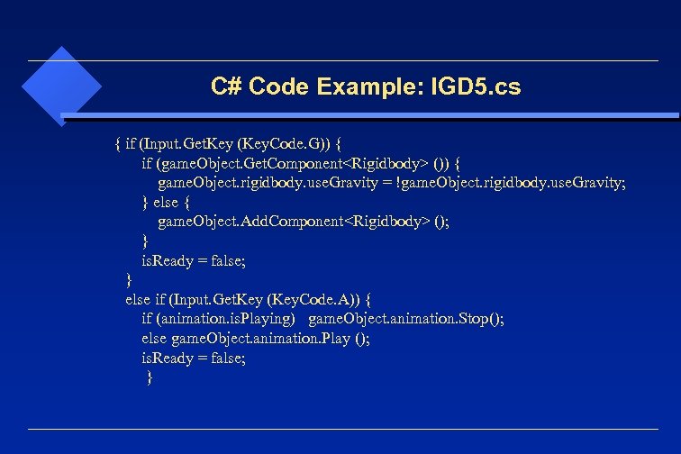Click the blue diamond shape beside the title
[x=60, y=86]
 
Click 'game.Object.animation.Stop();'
[x=406, y=319]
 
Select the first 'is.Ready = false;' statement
[x=193, y=260]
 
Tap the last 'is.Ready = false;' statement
[x=193, y=358]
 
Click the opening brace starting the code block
[x=118, y=143]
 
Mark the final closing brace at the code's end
[x=150, y=377]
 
